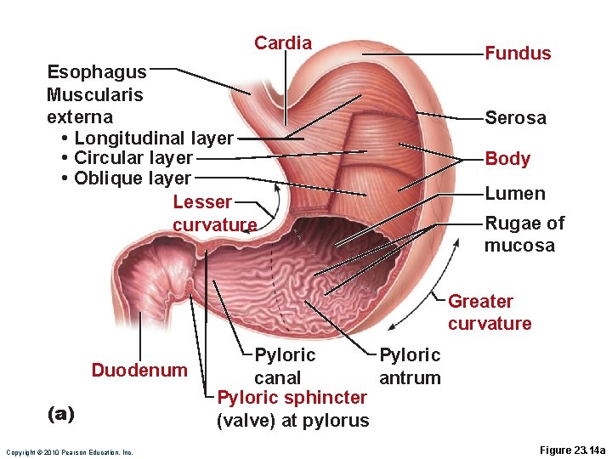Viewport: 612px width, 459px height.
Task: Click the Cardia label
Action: pos(283,43)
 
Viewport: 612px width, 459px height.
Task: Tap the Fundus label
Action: pos(518,54)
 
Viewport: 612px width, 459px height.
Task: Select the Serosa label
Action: pos(515,118)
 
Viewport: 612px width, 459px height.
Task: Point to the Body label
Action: pos(507,159)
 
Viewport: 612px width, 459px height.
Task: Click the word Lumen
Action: pos(515,194)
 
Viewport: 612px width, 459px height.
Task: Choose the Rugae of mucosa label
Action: pos(524,235)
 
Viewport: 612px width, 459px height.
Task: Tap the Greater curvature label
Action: pos(490,313)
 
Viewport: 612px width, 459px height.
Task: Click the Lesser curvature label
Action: pos(214,213)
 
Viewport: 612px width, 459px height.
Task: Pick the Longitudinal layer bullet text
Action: pos(153,138)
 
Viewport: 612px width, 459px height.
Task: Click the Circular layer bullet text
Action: pos(133,158)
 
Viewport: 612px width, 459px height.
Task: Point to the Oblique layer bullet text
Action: pos(132,178)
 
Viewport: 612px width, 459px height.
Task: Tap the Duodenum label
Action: pos(139,371)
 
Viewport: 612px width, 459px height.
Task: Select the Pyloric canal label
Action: pos(284,366)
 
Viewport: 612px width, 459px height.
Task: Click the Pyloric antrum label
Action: pos(410,366)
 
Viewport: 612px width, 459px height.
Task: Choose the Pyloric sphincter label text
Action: pos(292,409)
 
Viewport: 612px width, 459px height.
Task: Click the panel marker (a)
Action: pos(60,414)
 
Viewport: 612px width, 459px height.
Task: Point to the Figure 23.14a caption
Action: pos(572,450)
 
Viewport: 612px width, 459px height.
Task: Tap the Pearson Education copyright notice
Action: pos(69,452)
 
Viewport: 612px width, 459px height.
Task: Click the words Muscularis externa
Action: pos(94,105)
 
